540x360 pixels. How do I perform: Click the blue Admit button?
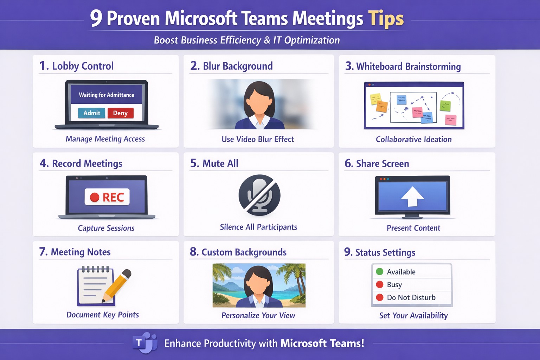coord(92,113)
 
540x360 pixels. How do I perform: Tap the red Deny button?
coord(120,113)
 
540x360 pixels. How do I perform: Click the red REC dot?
coord(95,197)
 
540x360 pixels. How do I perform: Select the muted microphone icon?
coord(259,195)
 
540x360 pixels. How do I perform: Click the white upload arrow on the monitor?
coord(412,196)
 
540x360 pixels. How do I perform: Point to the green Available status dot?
coord(379,271)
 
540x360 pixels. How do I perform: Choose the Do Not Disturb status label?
coord(411,297)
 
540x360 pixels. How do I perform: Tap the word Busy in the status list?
coord(394,284)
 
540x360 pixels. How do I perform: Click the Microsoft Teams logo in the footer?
coord(145,343)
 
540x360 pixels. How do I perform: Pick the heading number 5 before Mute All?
coord(194,163)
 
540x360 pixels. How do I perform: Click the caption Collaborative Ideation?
coord(414,139)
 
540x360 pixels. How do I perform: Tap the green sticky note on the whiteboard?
coord(445,105)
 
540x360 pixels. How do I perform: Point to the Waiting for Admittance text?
coord(107,95)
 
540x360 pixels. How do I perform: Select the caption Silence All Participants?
coord(258,227)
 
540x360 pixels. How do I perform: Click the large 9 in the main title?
coord(96,18)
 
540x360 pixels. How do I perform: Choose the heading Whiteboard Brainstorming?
coord(409,66)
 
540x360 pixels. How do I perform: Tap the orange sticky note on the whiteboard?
coord(382,107)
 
